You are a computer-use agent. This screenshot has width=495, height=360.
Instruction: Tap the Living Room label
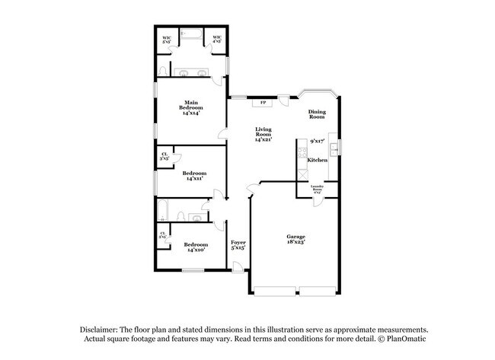click(x=263, y=135)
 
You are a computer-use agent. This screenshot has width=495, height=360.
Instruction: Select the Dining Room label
click(x=317, y=115)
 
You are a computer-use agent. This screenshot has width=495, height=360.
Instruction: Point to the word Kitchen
click(x=318, y=160)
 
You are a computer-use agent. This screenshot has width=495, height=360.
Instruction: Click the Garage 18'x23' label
click(x=296, y=239)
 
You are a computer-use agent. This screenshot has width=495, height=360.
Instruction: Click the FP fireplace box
click(x=263, y=103)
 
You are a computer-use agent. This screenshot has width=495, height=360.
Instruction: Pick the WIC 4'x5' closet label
click(x=217, y=40)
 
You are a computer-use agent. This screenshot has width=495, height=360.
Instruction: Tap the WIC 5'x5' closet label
click(x=166, y=40)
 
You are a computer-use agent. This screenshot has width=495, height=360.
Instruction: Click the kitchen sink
click(x=334, y=146)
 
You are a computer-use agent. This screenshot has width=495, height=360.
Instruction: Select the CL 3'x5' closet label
click(x=164, y=157)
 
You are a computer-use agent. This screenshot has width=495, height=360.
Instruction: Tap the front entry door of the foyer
click(x=239, y=266)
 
